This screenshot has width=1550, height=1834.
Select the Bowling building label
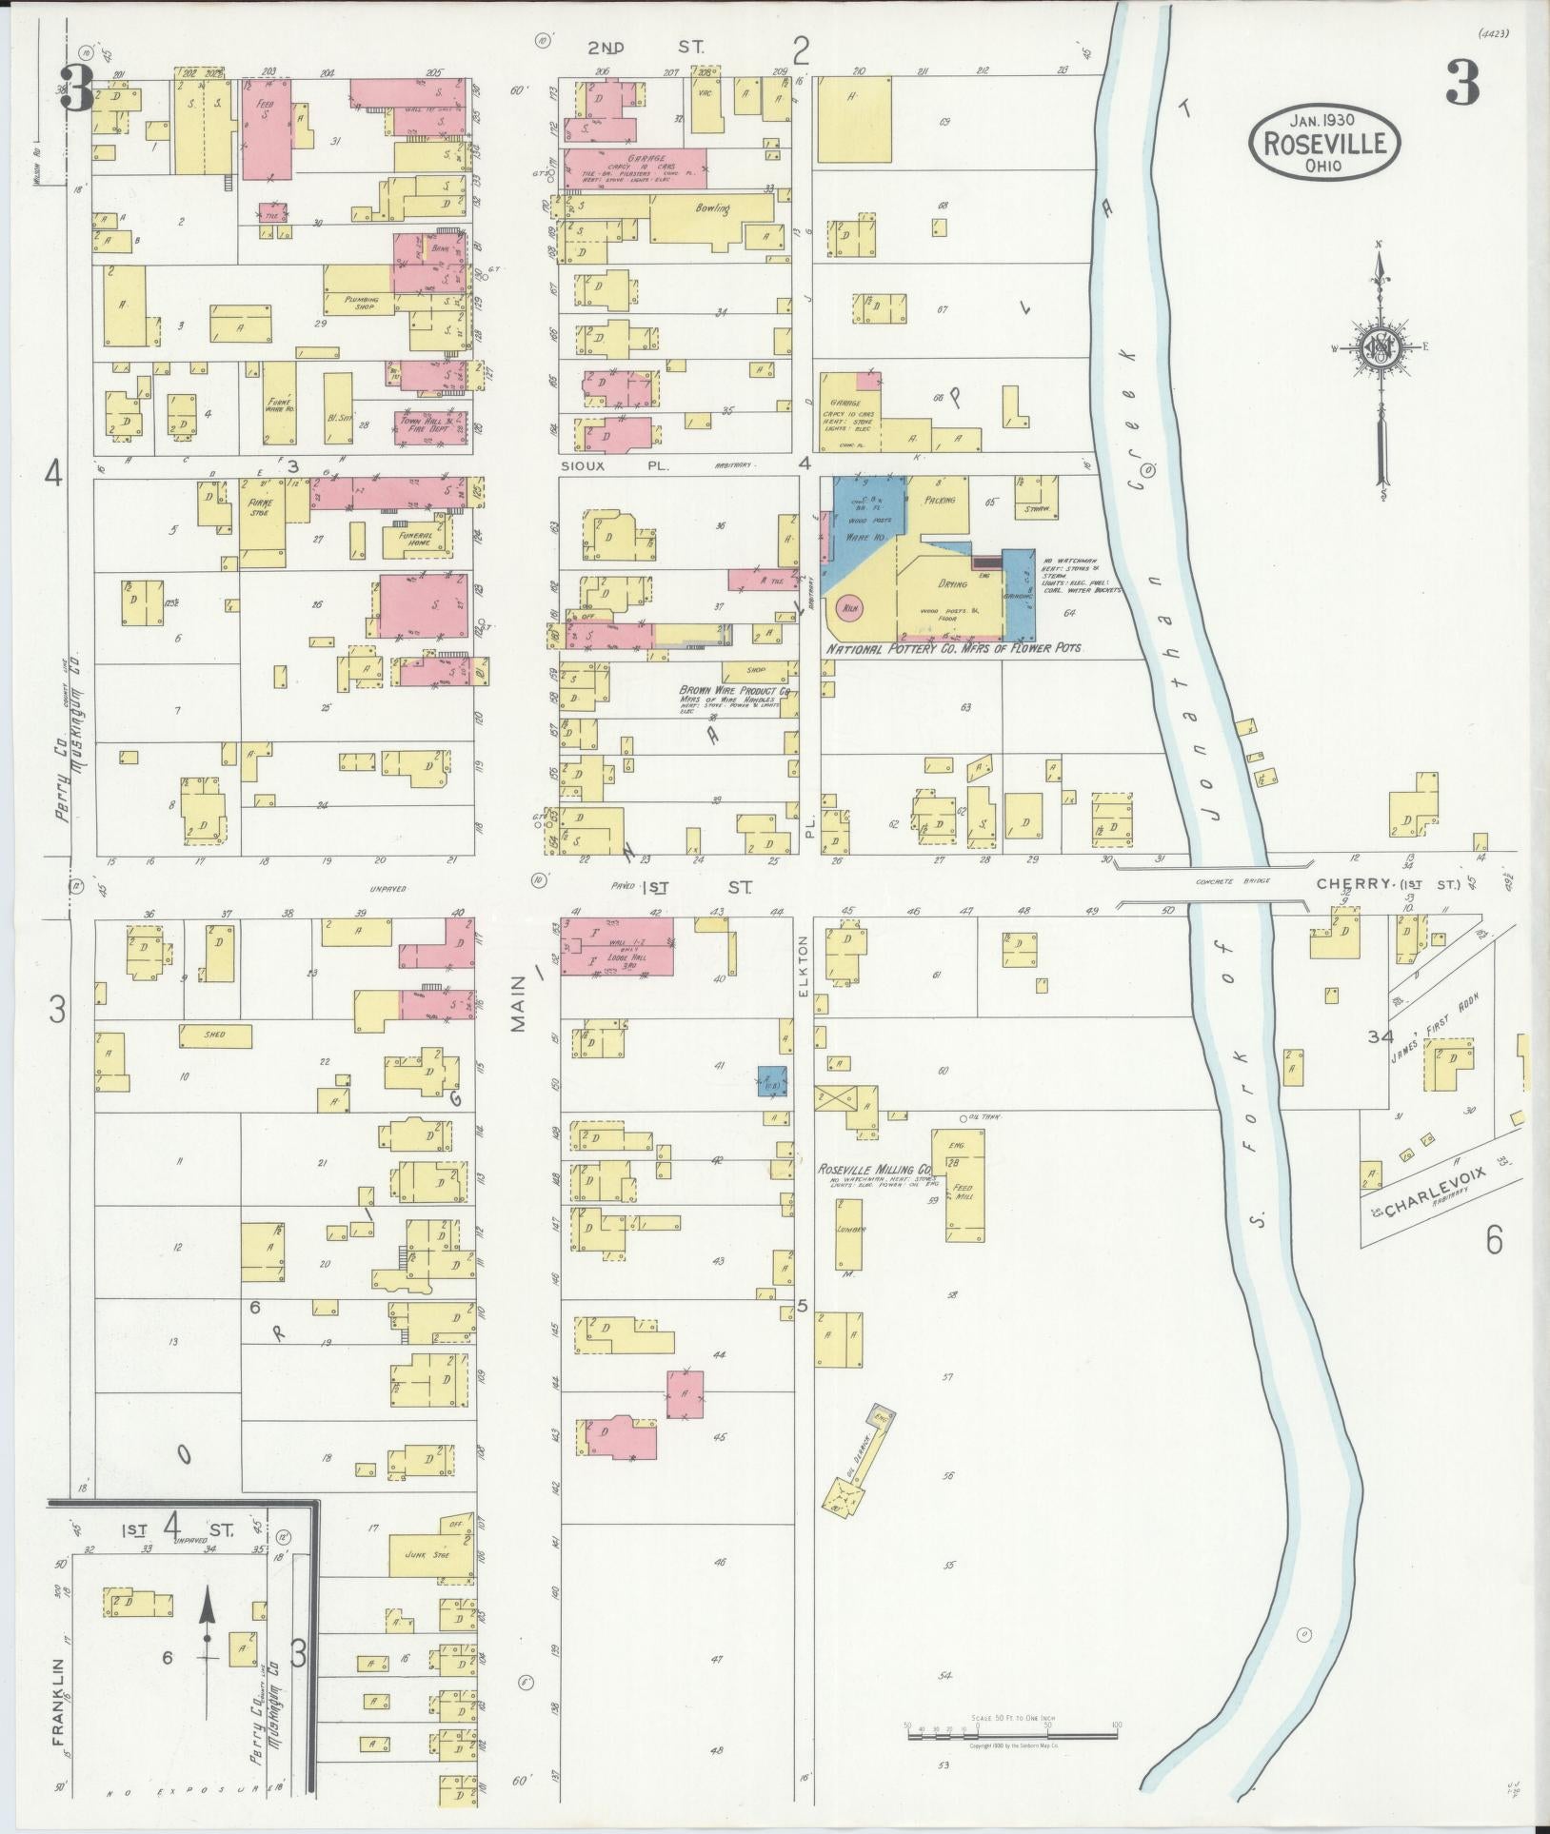click(x=711, y=208)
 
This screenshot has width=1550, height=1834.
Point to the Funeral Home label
click(x=415, y=539)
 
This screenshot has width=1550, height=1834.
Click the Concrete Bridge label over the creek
click(x=1243, y=882)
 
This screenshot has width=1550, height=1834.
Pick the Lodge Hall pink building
click(x=617, y=945)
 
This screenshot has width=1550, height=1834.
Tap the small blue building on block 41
click(x=772, y=1080)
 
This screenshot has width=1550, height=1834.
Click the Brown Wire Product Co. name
click(x=734, y=691)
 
